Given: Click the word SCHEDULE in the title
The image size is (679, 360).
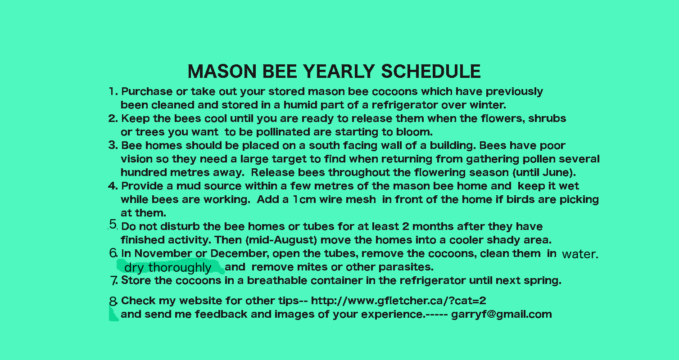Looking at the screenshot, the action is pyautogui.click(x=431, y=72).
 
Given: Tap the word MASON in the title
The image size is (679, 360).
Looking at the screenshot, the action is pyautogui.click(x=222, y=72).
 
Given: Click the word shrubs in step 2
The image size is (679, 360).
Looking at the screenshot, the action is pyautogui.click(x=547, y=118).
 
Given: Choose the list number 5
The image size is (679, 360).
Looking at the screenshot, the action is pyautogui.click(x=113, y=225).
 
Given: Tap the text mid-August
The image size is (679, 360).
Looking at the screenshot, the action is pyautogui.click(x=281, y=240).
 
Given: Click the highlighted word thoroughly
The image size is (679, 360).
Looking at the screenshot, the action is pyautogui.click(x=180, y=268).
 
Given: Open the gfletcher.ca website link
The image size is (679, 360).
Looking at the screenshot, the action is pyautogui.click(x=398, y=301).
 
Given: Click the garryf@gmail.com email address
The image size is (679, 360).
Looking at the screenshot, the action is pyautogui.click(x=502, y=314).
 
